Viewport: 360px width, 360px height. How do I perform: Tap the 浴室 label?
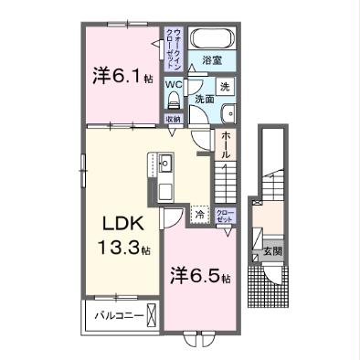(213, 62)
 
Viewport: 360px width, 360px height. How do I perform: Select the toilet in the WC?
(172, 100)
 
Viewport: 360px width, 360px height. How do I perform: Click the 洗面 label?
(204, 98)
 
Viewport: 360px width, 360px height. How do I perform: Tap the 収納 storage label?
(172, 118)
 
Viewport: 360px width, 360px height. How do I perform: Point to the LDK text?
(120, 224)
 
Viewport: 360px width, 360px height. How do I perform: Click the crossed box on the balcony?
(152, 318)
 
